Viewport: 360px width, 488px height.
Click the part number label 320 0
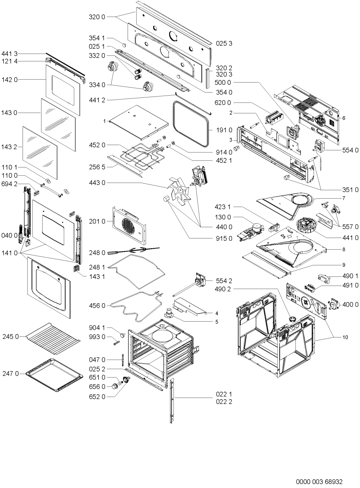(97, 17)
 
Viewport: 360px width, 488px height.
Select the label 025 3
(224, 43)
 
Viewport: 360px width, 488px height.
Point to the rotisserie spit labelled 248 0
(134, 251)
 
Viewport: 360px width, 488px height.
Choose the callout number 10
(345, 337)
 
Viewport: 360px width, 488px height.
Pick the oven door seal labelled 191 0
(191, 124)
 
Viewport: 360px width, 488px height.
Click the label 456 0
(97, 306)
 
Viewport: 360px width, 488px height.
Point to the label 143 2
(9, 147)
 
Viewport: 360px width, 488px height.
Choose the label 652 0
(97, 397)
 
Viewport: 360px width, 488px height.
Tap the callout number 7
(344, 198)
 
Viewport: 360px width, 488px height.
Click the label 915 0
(224, 238)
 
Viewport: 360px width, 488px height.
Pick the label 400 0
(351, 305)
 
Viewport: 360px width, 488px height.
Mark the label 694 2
(9, 184)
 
